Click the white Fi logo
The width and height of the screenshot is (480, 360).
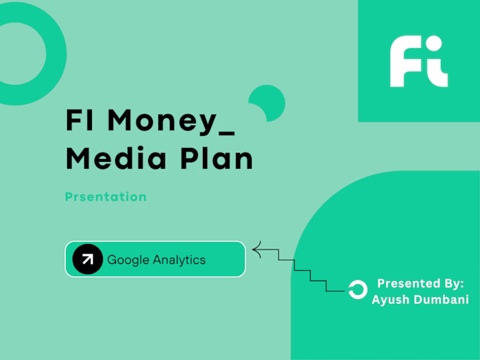tap(418, 62)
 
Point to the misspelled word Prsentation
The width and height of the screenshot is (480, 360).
tap(106, 197)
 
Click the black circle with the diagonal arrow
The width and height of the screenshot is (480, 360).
tap(87, 259)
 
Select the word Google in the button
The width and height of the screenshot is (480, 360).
tap(128, 259)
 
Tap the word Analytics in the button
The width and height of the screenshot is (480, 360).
tap(179, 259)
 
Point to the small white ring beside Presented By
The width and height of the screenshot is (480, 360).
tap(357, 290)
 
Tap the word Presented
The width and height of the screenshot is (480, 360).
tap(407, 283)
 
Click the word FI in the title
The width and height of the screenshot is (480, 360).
tap(81, 121)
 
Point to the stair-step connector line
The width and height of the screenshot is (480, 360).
tap(302, 271)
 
